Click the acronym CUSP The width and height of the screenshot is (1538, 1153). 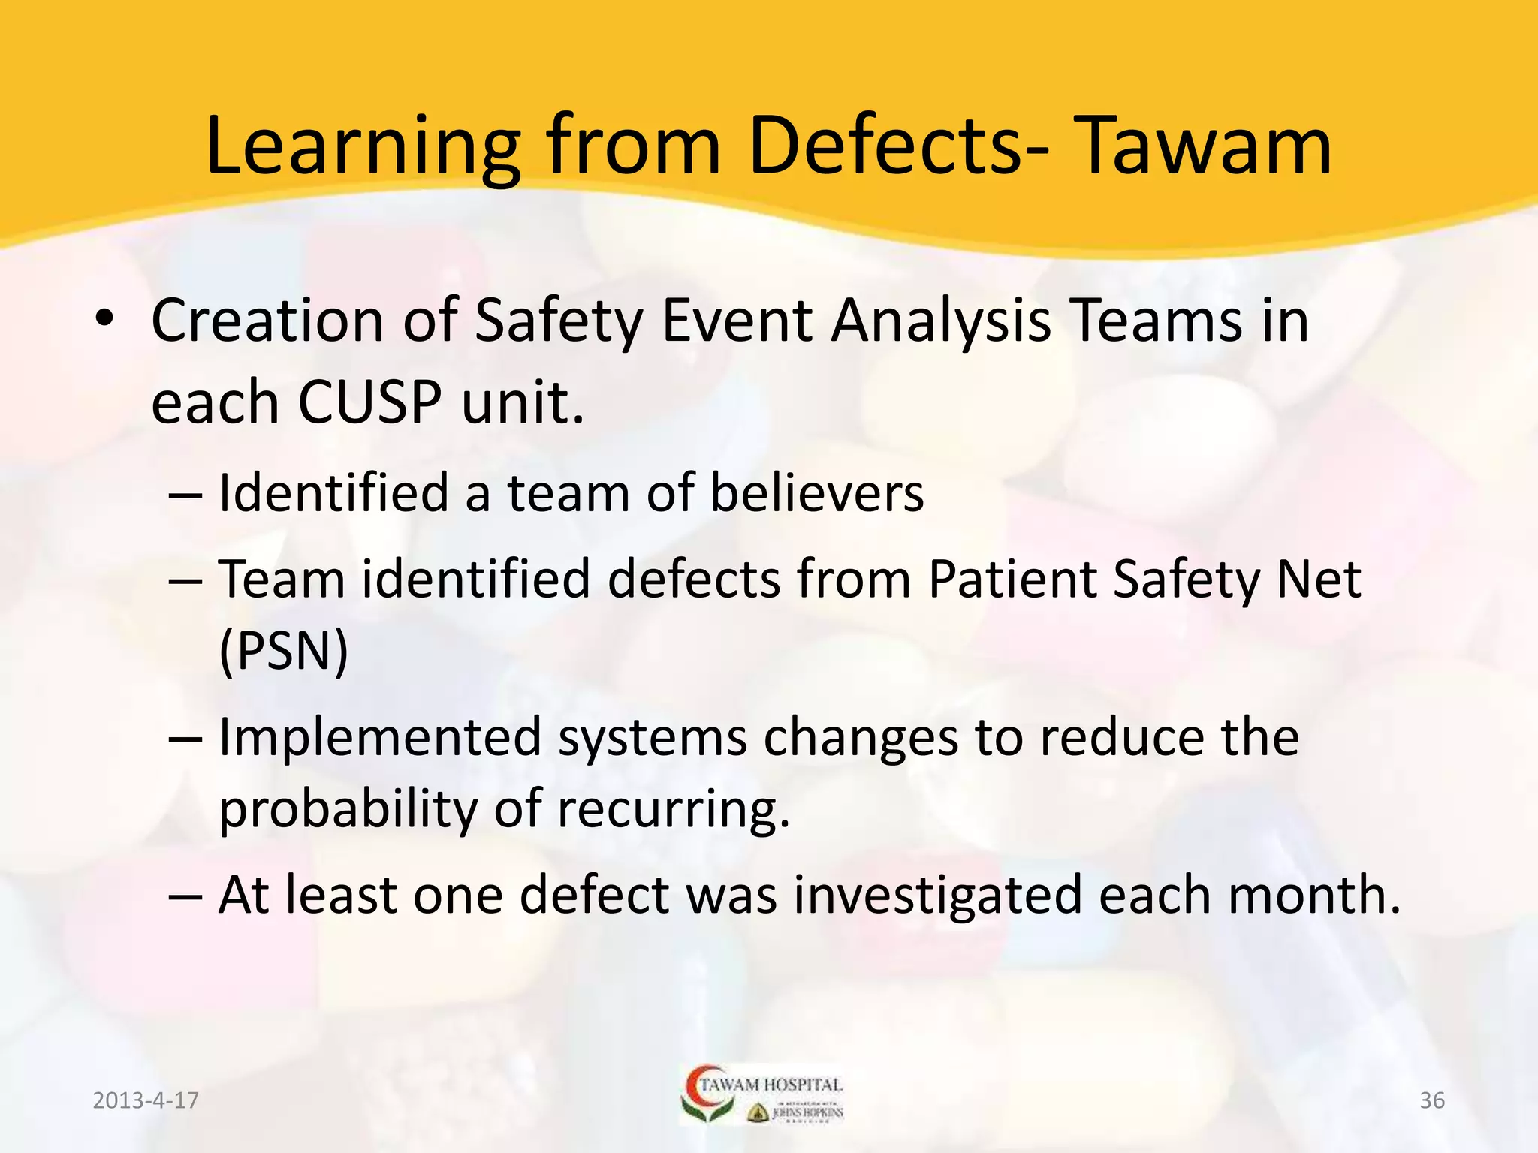point(370,402)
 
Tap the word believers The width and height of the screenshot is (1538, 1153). point(816,493)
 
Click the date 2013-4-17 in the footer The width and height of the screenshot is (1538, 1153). point(146,1100)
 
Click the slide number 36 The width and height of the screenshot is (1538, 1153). point(1432,1100)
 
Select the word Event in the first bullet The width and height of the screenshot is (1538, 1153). point(737,321)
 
